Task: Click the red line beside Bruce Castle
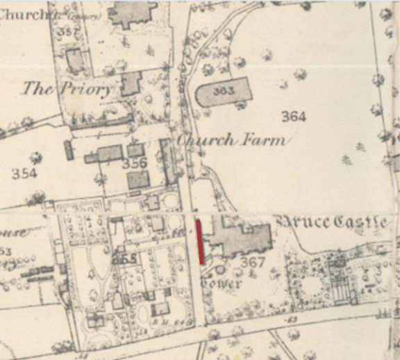click(201, 243)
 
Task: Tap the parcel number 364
click(294, 116)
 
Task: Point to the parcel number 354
click(24, 174)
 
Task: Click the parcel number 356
click(134, 163)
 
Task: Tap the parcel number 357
click(67, 33)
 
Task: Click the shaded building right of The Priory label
click(130, 83)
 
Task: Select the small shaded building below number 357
click(76, 60)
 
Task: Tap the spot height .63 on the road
click(291, 319)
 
